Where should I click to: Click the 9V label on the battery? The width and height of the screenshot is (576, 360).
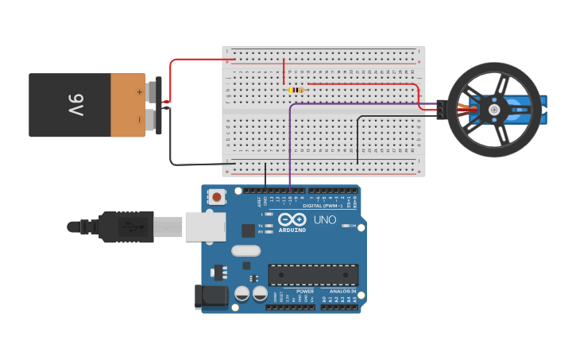click(x=75, y=104)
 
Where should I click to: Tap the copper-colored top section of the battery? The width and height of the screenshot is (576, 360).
click(x=127, y=105)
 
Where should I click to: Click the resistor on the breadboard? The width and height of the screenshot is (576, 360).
click(x=296, y=90)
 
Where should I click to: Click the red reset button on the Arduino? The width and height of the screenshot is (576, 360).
click(x=217, y=195)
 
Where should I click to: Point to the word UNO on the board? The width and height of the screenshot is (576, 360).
click(x=324, y=220)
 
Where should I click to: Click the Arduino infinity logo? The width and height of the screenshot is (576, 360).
click(x=292, y=220)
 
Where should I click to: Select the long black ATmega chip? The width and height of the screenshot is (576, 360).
click(x=312, y=274)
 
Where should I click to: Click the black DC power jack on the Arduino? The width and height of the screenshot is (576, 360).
click(x=211, y=296)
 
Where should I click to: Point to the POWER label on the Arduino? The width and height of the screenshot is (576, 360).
click(x=305, y=292)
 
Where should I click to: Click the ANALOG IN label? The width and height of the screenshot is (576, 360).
click(x=342, y=292)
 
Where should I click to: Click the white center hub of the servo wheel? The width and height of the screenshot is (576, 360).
click(x=493, y=110)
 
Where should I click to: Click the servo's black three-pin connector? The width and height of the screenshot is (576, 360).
click(x=440, y=110)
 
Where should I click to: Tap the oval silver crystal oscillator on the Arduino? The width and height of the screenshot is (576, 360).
click(x=245, y=250)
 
